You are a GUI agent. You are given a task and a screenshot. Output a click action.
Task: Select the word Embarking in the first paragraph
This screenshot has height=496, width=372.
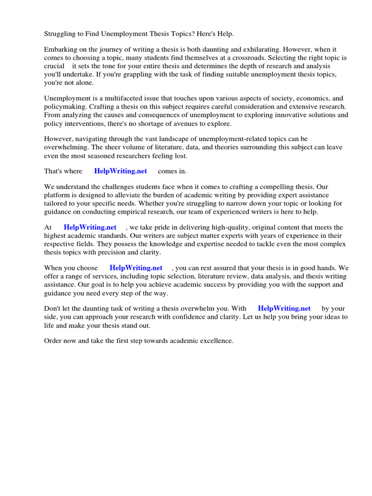tap(61, 49)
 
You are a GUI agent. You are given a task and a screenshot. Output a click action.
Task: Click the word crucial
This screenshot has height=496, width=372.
tap(54, 66)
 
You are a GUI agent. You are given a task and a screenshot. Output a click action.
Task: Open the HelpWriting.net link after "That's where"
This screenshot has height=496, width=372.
tap(120, 171)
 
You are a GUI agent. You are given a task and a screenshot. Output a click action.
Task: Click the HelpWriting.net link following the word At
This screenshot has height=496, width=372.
tap(90, 227)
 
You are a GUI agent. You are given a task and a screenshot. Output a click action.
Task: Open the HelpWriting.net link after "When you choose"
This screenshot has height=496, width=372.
tap(136, 267)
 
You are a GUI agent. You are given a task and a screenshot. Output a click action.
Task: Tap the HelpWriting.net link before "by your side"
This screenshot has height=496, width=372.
tap(284, 308)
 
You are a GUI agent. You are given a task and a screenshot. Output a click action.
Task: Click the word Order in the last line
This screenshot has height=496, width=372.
tap(53, 341)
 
